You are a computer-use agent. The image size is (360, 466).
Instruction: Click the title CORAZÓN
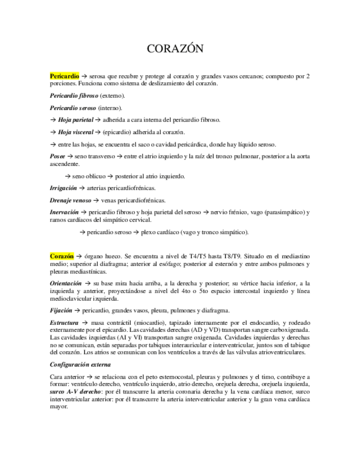tap(175, 49)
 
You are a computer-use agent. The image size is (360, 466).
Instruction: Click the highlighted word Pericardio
tap(64, 75)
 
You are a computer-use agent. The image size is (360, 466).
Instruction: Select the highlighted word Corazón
tap(61, 256)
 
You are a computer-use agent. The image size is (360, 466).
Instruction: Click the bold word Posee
tap(57, 157)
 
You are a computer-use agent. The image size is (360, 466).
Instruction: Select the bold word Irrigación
tap(63, 188)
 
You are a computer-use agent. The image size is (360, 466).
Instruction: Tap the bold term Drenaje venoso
tap(70, 200)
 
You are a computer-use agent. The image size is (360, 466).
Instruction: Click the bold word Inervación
tap(64, 212)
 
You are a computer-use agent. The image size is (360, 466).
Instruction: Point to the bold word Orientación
tap(66, 284)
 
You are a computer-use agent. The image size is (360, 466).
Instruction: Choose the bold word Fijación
tap(60, 310)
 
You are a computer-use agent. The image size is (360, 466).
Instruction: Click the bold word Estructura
tap(64, 322)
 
